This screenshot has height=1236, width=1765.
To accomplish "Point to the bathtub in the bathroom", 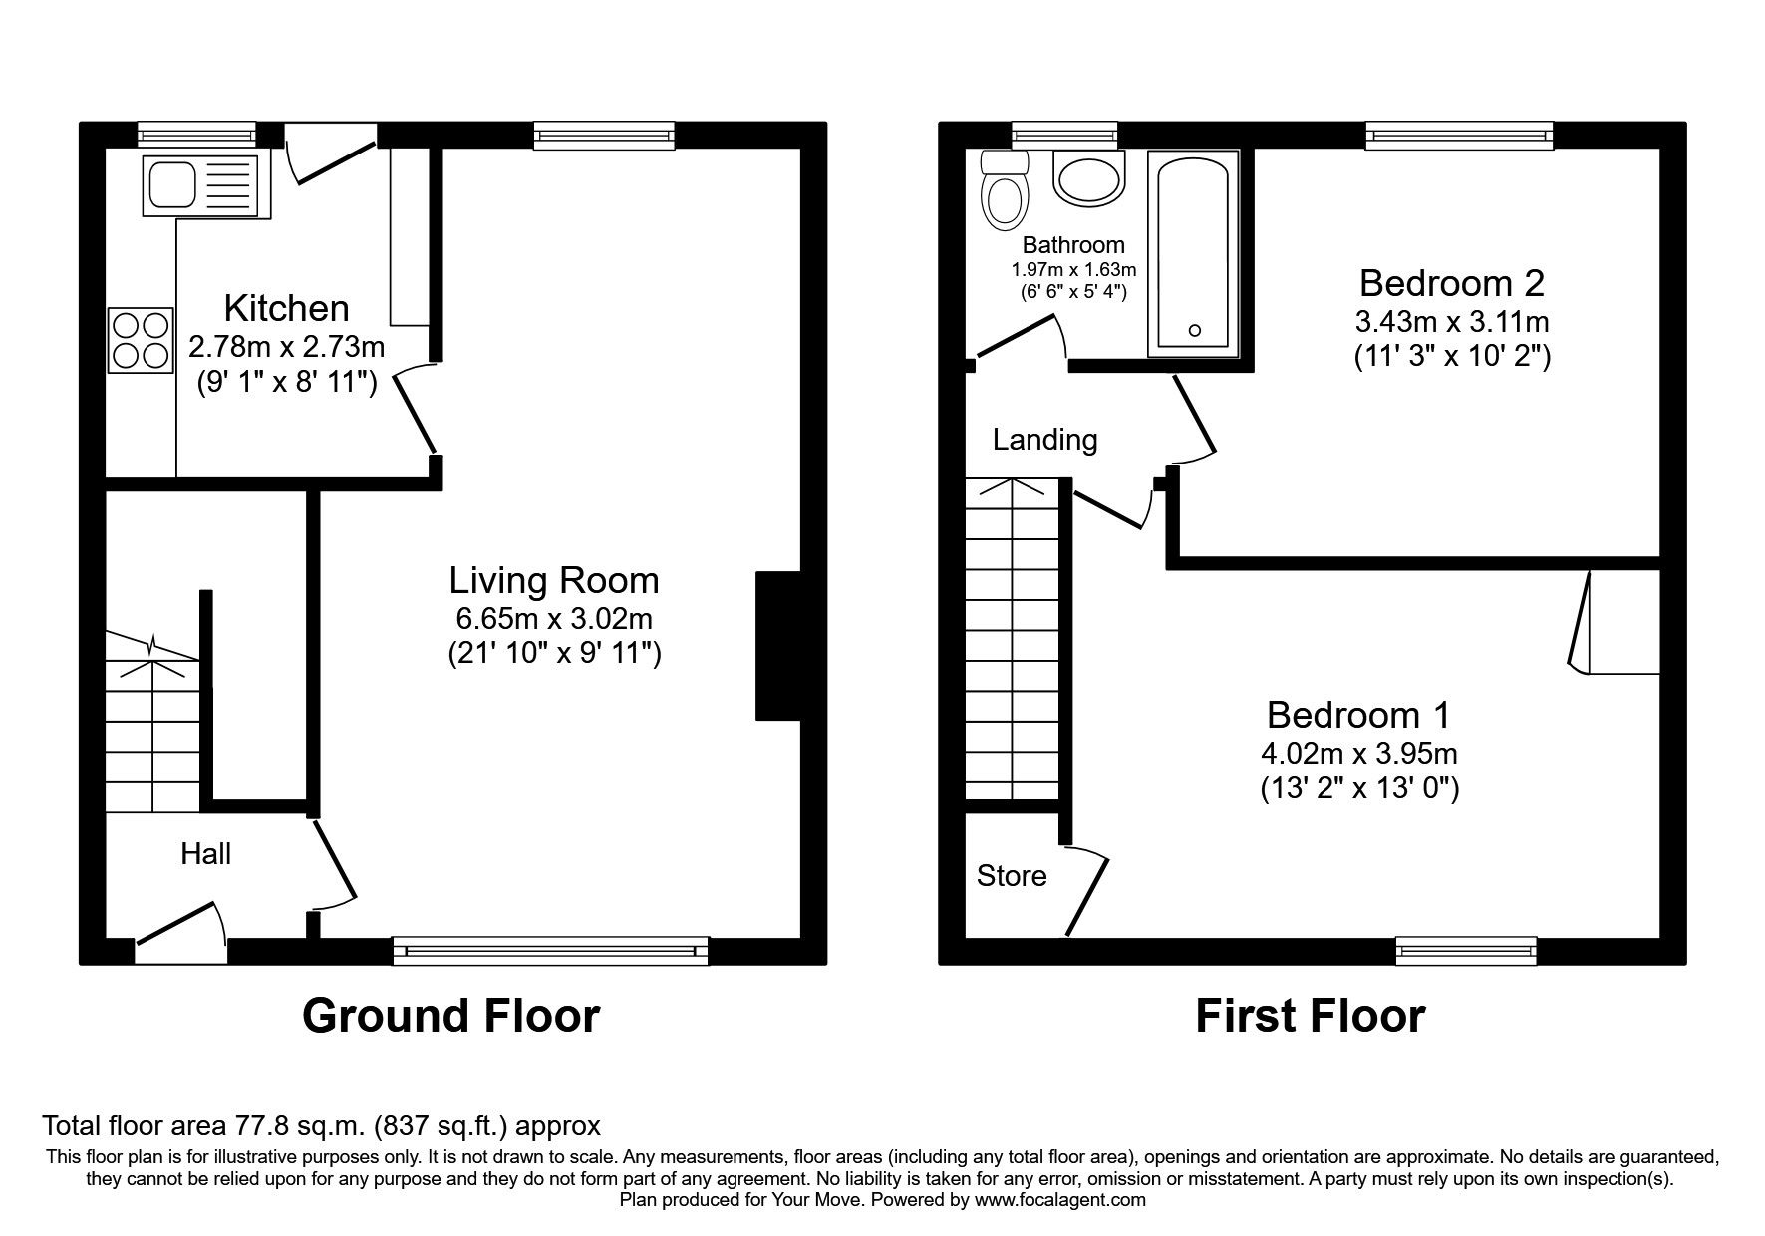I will [x=1193, y=252].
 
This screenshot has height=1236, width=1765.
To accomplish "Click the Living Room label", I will [x=553, y=580].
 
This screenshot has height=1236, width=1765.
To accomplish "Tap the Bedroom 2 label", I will [x=1451, y=284].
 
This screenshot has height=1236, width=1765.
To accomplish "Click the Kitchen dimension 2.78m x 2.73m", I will [x=286, y=346].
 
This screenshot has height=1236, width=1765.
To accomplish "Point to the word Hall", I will [x=205, y=853].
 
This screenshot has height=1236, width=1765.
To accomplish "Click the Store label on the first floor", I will [x=1011, y=876].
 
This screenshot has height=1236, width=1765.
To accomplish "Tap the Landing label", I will [x=1044, y=440].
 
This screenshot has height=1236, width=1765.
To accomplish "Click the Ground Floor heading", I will [x=450, y=1016].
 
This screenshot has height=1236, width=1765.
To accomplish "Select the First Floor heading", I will [x=1310, y=1016].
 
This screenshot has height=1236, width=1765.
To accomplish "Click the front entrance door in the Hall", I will [x=179, y=923].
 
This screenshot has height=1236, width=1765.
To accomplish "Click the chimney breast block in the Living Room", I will [x=778, y=645].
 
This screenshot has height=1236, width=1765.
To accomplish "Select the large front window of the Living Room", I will [x=550, y=951].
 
